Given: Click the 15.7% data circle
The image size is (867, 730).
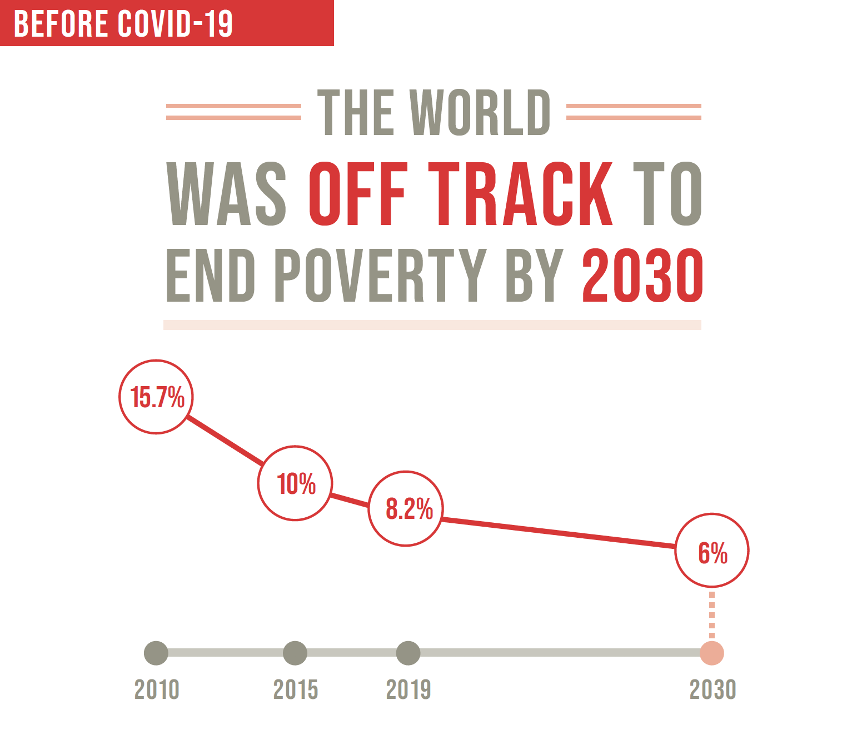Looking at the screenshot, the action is [x=156, y=397].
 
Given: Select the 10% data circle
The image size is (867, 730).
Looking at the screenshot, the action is [x=295, y=483].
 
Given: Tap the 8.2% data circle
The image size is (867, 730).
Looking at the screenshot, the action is [x=406, y=508].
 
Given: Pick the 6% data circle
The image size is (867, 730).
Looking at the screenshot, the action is [x=712, y=551].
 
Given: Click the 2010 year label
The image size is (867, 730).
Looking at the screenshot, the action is [x=157, y=690].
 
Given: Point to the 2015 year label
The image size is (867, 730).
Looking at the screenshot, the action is [x=296, y=690].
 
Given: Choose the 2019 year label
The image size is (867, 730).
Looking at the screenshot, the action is [x=408, y=690].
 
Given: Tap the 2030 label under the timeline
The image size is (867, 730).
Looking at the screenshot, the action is [x=713, y=690].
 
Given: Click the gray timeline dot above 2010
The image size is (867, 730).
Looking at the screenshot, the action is [x=156, y=653].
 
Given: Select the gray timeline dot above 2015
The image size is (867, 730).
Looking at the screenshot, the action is [x=295, y=653].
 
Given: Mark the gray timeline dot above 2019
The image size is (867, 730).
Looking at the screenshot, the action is [x=408, y=653].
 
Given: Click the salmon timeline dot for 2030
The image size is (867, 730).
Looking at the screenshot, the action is [x=712, y=653].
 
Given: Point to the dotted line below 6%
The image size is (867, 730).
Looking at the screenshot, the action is [x=712, y=614].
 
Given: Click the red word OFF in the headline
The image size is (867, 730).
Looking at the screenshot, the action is [x=358, y=193].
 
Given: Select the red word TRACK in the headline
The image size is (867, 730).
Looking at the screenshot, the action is [x=520, y=193].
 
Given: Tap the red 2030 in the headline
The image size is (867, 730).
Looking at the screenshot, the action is [x=643, y=275].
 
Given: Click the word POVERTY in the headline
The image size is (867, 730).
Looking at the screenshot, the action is [x=380, y=275].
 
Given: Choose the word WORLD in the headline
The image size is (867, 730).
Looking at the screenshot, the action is [x=480, y=112].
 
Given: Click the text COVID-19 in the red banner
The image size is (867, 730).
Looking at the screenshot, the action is [x=175, y=23].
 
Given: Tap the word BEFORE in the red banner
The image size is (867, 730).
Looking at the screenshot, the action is [x=61, y=23].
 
